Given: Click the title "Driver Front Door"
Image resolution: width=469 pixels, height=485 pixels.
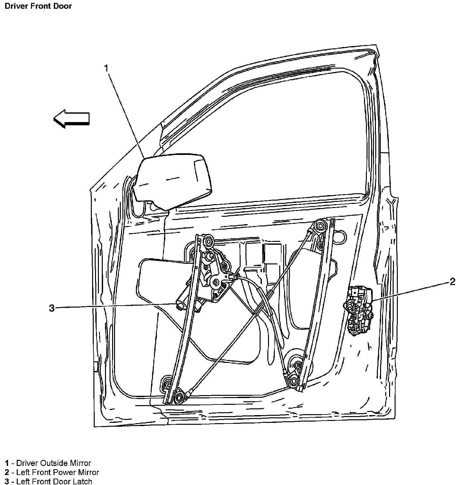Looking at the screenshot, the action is point(38,6).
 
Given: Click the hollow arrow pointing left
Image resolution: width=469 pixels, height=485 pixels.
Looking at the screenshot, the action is point(71,119).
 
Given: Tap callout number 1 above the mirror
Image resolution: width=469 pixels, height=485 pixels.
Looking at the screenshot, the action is point(106,68).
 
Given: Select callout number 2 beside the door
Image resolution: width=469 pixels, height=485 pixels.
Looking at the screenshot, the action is point(452,282).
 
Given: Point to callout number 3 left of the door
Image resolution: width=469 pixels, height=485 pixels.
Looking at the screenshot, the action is point(52,308).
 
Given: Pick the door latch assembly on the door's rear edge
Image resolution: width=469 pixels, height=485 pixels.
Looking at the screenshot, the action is point(358,310).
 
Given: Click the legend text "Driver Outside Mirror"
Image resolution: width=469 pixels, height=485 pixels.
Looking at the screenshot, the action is point(54,463).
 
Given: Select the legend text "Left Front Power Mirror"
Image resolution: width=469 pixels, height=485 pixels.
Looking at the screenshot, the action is point(58,472).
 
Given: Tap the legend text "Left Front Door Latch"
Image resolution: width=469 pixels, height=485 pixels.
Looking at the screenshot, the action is point(54,481).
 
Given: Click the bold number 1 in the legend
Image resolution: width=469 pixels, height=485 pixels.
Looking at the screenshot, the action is point(7,463).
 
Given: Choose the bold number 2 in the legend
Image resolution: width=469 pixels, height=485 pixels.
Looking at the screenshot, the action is point(7,472).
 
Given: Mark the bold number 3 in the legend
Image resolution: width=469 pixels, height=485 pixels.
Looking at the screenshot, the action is point(7,481).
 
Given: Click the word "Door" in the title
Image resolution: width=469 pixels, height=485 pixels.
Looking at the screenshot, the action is point(63,6).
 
